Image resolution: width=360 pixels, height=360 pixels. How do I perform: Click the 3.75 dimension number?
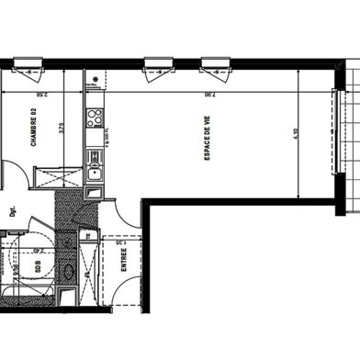(x=61, y=129)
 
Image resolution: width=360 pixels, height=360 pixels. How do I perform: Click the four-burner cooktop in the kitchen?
(x=93, y=117)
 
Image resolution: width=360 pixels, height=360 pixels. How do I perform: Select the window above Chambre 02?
(x=28, y=67)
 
